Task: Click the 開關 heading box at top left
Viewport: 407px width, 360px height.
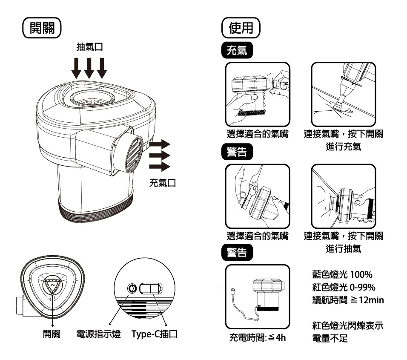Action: click(x=42, y=28)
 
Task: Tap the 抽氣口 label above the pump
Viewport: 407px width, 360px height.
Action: click(x=90, y=47)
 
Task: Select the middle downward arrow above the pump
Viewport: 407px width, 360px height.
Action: click(x=89, y=68)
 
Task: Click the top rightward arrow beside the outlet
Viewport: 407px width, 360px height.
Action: click(x=160, y=144)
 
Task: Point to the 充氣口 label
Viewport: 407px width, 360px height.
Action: click(x=163, y=183)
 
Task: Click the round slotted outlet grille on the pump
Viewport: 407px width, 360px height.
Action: click(x=134, y=154)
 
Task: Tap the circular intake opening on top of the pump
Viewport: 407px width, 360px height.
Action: click(x=92, y=98)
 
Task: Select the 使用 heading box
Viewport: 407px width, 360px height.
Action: click(x=241, y=28)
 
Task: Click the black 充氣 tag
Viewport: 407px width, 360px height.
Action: click(x=237, y=50)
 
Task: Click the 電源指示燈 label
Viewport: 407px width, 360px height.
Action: click(x=99, y=334)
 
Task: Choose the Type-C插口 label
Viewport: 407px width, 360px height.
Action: click(x=155, y=334)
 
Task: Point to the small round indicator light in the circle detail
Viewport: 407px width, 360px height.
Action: click(x=132, y=288)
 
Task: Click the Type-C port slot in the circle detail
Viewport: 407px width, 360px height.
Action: click(x=151, y=288)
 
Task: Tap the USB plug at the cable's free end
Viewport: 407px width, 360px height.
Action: click(x=233, y=291)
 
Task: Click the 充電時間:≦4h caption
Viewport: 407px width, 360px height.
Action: click(x=258, y=338)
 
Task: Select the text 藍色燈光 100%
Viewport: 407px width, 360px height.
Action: click(x=342, y=274)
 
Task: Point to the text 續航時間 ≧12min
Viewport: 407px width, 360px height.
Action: click(x=348, y=300)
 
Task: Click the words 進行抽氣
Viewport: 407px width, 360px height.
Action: click(x=344, y=249)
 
